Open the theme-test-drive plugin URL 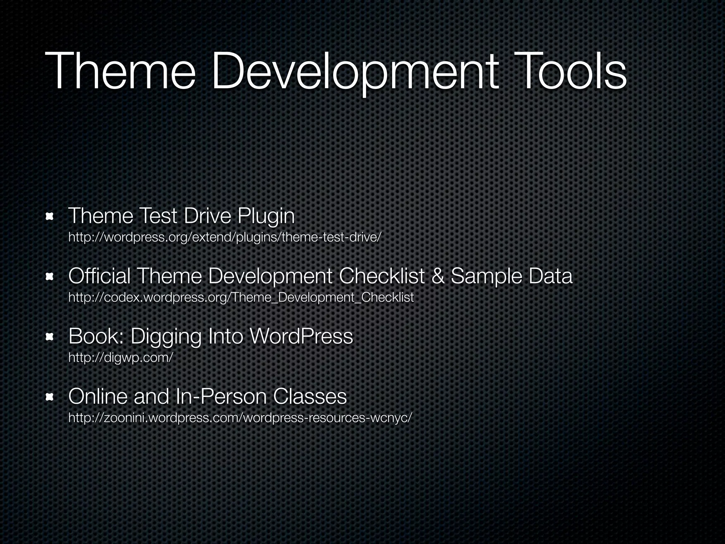tap(225, 237)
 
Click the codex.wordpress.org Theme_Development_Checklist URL tap(241, 297)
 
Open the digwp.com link tap(120, 357)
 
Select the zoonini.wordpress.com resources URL tap(240, 418)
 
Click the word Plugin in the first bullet tap(266, 216)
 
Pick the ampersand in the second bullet tap(438, 276)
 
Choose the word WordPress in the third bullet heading tap(301, 336)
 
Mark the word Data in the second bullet tap(550, 276)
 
